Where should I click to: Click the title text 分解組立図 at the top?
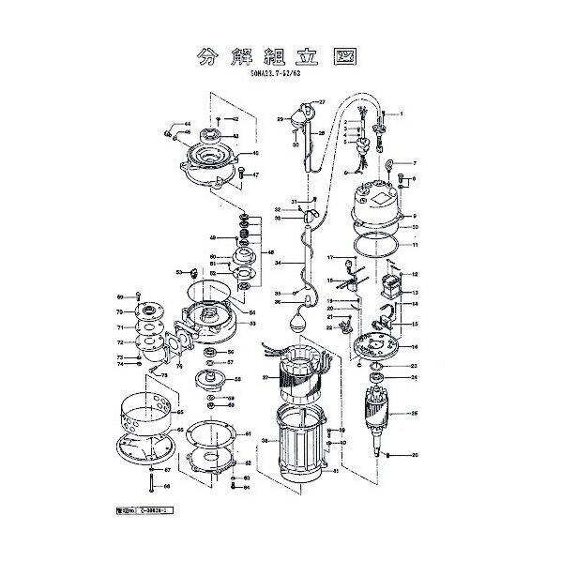coord(280,55)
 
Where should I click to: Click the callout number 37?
coord(265,378)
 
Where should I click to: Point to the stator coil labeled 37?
coord(294,374)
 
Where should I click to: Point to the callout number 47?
coord(255,174)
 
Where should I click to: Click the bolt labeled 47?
coord(240,174)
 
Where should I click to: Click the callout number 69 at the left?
coord(120,296)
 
